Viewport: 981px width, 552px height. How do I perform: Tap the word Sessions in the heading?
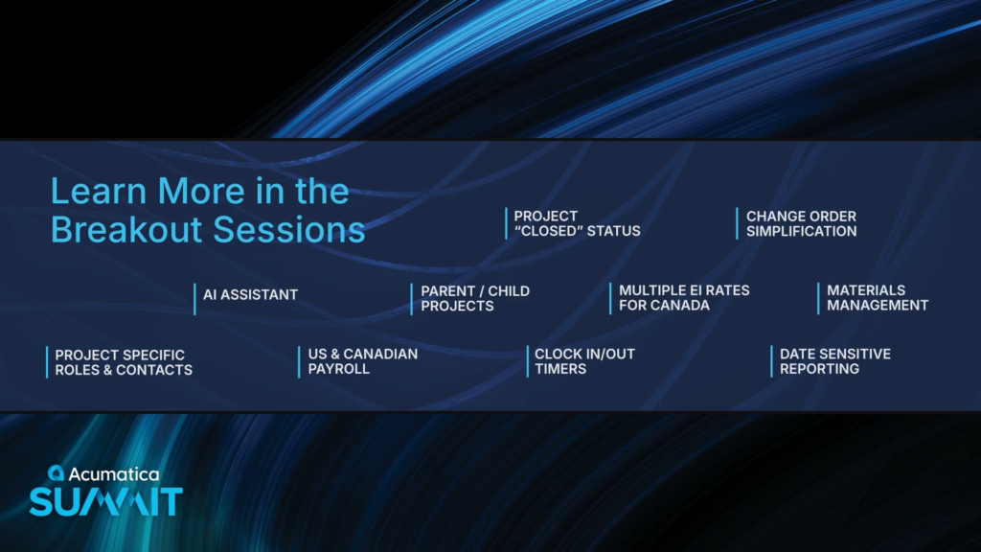click(289, 229)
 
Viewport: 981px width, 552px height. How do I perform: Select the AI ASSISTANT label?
click(250, 295)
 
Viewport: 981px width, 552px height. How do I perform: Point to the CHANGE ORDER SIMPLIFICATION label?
click(802, 223)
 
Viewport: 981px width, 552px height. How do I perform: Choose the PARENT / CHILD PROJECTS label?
click(475, 299)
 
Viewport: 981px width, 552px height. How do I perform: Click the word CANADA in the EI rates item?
click(687, 306)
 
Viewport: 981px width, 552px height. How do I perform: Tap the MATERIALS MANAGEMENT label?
click(878, 298)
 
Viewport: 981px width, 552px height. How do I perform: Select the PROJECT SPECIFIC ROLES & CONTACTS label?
click(124, 362)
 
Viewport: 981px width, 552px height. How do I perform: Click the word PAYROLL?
click(338, 369)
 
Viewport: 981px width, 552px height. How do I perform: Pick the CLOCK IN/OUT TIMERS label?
click(585, 361)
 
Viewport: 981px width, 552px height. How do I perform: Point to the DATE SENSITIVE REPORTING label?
click(835, 361)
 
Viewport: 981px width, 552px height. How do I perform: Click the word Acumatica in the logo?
click(114, 474)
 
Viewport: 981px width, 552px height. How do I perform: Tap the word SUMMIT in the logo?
click(106, 502)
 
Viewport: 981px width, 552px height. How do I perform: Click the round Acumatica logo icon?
click(56, 473)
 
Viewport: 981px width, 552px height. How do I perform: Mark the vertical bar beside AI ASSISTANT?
click(194, 299)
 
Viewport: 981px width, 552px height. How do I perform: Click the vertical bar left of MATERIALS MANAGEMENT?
click(818, 299)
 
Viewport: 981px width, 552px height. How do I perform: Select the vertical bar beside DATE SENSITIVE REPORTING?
click(771, 361)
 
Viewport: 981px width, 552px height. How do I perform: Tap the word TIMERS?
click(560, 369)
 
